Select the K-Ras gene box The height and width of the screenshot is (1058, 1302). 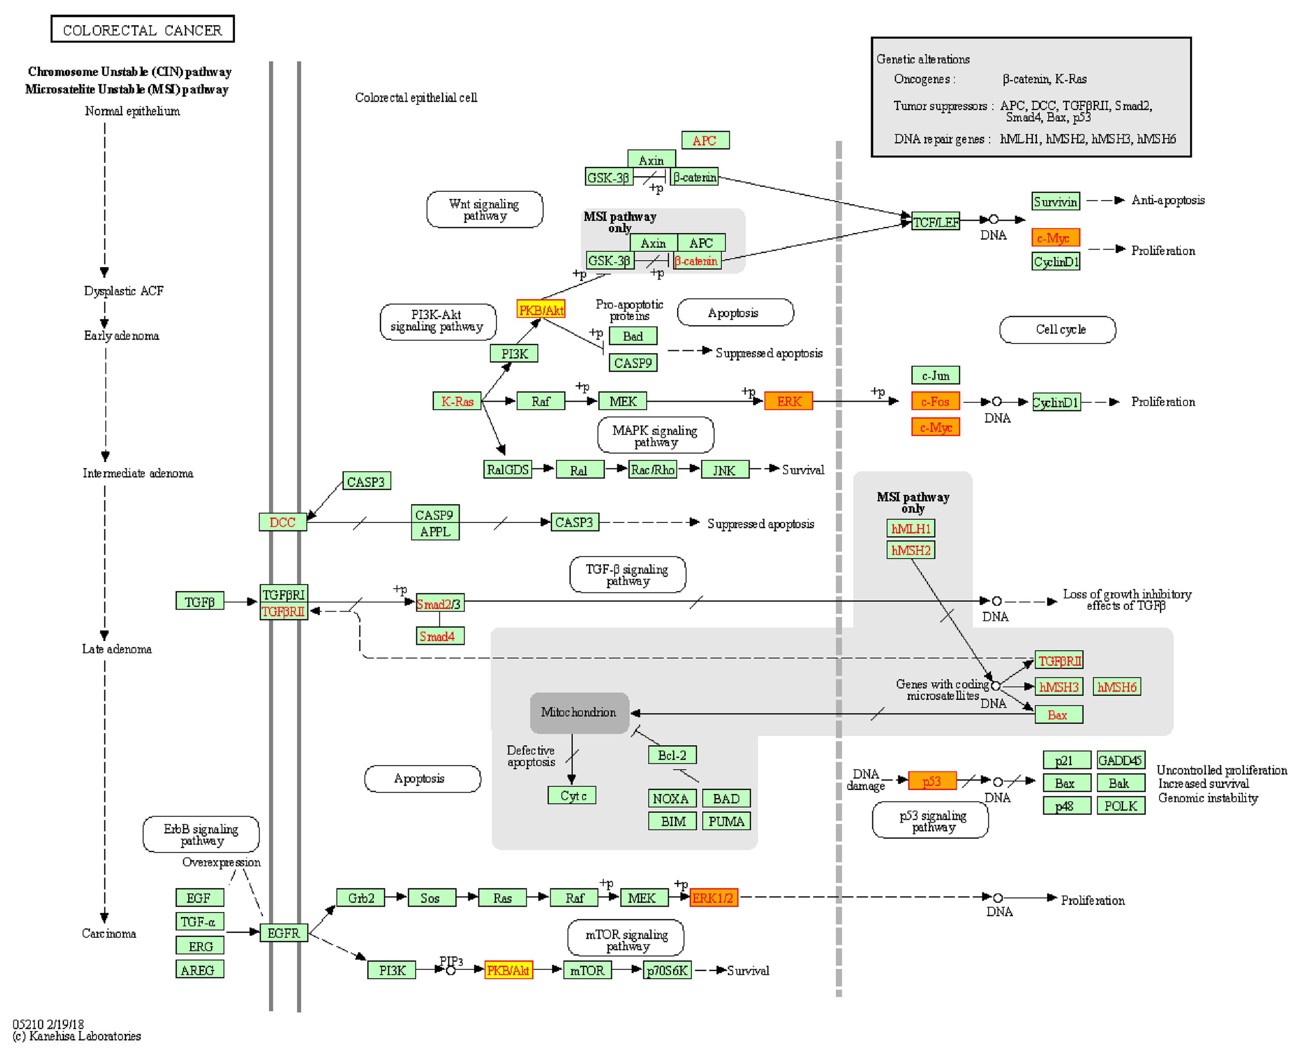457,401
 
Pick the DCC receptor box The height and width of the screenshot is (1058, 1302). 282,522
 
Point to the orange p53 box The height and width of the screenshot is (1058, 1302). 932,781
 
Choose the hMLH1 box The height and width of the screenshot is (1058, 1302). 911,528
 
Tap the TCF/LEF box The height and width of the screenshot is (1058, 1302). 936,222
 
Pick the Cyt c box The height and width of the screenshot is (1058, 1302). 571,795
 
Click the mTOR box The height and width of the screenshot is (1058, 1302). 587,970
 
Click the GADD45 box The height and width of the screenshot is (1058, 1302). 1120,760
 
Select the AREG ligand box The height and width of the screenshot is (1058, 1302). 200,969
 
